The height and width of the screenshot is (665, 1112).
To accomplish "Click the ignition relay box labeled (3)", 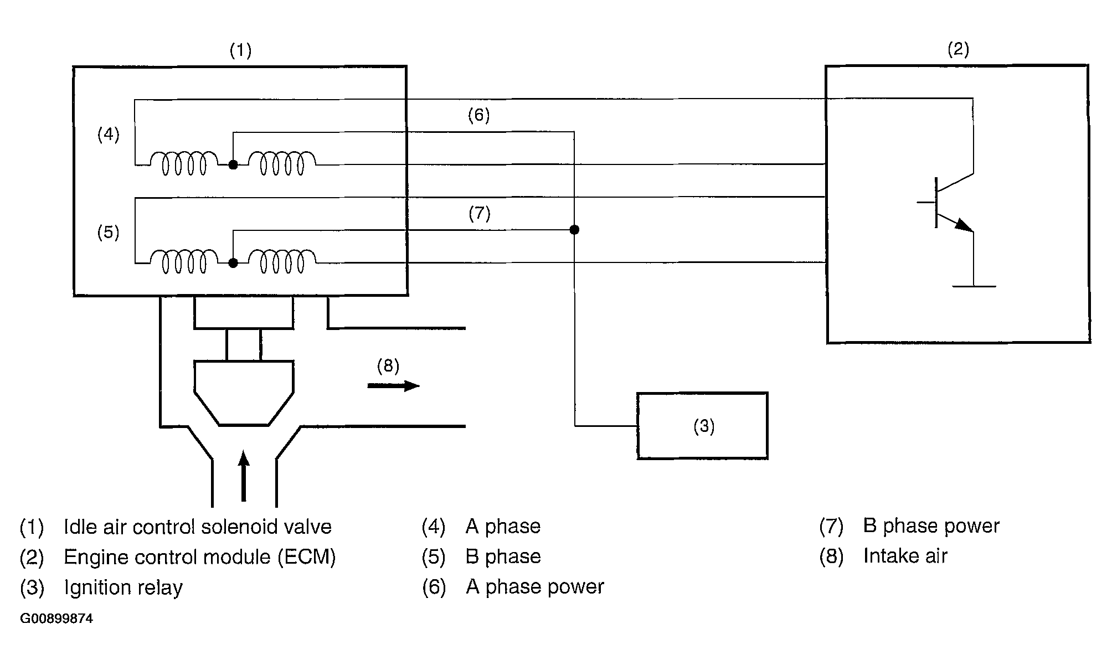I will (702, 426).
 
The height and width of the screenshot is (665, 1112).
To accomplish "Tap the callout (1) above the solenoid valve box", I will (240, 51).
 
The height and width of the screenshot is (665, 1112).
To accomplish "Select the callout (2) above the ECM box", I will (958, 50).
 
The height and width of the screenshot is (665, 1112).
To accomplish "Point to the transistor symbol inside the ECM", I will (947, 203).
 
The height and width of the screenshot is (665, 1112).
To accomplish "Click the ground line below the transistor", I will (974, 286).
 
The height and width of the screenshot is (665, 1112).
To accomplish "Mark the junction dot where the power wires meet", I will (574, 230).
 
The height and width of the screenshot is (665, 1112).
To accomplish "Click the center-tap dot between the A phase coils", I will (233, 164).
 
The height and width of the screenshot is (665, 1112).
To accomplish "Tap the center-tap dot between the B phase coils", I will (233, 263).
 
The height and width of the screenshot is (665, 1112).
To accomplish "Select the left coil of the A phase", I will (184, 163).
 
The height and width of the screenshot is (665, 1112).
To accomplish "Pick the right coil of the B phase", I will (282, 262).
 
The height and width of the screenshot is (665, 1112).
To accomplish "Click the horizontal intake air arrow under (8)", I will (393, 385).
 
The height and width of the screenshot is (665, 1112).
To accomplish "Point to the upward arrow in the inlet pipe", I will (244, 476).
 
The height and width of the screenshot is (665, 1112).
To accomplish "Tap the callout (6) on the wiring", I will (478, 115).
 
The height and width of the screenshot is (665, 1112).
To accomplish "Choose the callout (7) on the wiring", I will (479, 214).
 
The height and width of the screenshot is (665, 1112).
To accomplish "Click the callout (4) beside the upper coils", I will (109, 135).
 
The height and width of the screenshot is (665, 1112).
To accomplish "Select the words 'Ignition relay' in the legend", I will (123, 587).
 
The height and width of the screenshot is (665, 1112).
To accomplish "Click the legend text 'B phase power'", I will (931, 526).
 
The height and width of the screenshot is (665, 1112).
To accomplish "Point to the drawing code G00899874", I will (56, 618).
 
